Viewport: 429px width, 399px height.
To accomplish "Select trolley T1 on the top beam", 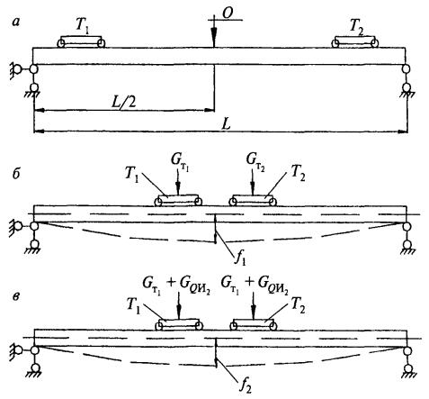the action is [81, 42].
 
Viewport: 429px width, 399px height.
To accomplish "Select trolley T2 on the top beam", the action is [355, 42].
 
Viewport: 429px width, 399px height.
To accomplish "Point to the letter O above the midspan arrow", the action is [228, 14].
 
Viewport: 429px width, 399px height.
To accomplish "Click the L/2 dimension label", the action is [123, 103].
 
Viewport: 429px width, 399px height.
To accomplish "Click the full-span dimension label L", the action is [226, 124].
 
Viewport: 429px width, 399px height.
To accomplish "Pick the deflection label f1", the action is [241, 258].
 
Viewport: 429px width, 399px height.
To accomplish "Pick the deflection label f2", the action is [246, 383].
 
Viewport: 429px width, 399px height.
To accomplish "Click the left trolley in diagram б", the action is [178, 200].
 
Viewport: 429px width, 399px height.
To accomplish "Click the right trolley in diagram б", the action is [253, 200].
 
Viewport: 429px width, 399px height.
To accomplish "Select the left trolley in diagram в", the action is [179, 324].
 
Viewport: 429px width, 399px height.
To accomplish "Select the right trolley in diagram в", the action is [254, 324].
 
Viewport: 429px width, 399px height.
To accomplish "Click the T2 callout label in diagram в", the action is [299, 307].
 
